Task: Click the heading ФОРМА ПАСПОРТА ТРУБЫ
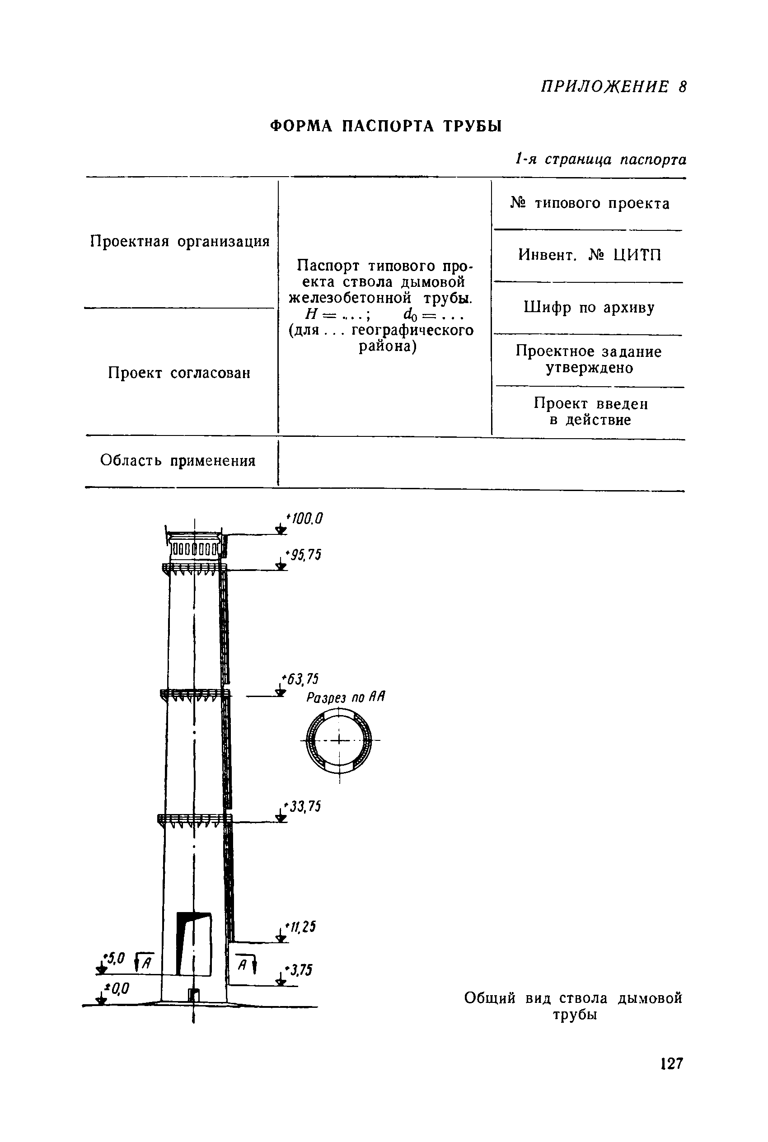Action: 386,126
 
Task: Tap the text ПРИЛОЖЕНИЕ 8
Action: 613,87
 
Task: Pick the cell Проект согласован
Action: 179,373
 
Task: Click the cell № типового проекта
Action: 590,203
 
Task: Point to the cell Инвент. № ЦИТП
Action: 590,255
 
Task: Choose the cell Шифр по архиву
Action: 589,308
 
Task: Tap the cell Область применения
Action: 178,461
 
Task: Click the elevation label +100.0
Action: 304,519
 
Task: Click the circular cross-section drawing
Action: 339,740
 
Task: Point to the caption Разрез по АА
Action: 346,697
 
